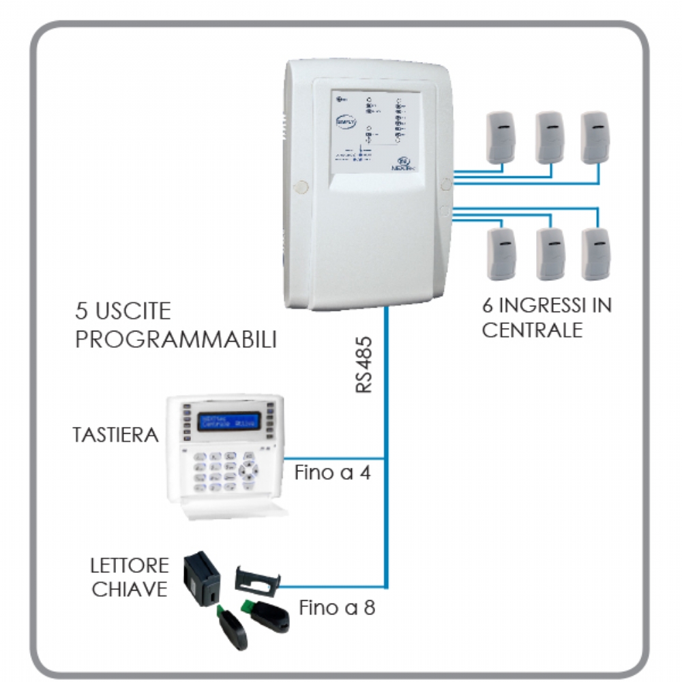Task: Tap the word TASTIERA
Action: pyautogui.click(x=115, y=434)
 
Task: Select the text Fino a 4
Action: pyautogui.click(x=333, y=473)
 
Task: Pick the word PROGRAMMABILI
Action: pyautogui.click(x=176, y=340)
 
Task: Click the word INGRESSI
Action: pyautogui.click(x=539, y=305)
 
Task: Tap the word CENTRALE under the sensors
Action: pyautogui.click(x=533, y=330)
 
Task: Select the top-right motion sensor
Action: pyautogui.click(x=595, y=137)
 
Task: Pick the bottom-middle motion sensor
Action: pyautogui.click(x=550, y=254)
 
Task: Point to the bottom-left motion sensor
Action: pyautogui.click(x=503, y=254)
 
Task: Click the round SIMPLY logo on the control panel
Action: pyautogui.click(x=345, y=122)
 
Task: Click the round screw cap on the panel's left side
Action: pyautogui.click(x=299, y=185)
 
